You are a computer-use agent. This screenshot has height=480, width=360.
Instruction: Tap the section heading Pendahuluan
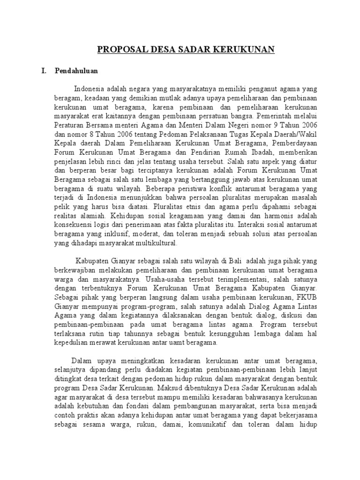click(x=76, y=71)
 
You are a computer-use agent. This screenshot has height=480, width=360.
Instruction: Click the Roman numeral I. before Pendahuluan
click(x=45, y=71)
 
